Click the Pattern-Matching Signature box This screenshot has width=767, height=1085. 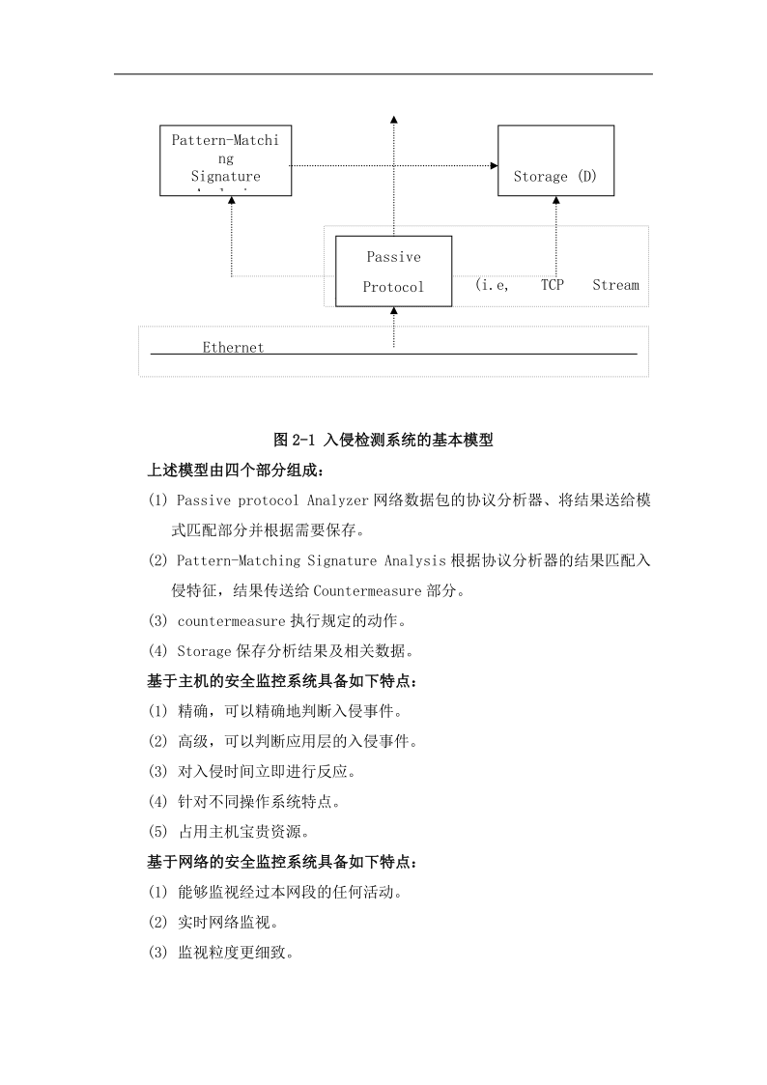click(225, 159)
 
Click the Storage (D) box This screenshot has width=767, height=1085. click(555, 160)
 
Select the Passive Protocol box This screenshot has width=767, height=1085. click(393, 271)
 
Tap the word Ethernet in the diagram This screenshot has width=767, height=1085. click(233, 348)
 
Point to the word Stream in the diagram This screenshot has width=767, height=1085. click(615, 285)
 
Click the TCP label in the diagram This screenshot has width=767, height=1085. click(552, 285)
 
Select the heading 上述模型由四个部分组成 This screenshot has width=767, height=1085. click(237, 471)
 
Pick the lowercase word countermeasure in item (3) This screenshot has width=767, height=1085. click(231, 620)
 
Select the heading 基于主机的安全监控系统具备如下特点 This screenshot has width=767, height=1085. click(282, 681)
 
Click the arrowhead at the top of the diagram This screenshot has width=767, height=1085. click(393, 118)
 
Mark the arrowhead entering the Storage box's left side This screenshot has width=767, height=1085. click(493, 166)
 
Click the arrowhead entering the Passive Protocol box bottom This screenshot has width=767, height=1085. click(393, 311)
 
